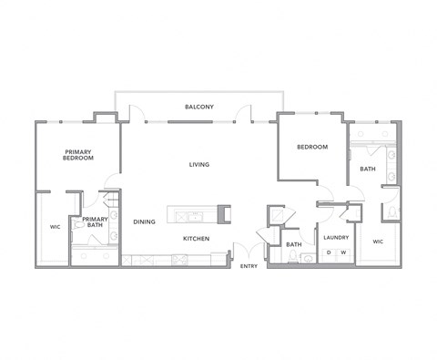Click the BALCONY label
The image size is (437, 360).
pyautogui.click(x=199, y=108)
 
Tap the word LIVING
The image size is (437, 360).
pyautogui.click(x=199, y=165)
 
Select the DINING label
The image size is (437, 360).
pyautogui.click(x=144, y=221)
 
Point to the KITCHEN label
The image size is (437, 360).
pyautogui.click(x=196, y=239)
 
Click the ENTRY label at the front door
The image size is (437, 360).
pyautogui.click(x=248, y=266)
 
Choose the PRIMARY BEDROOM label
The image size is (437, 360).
pyautogui.click(x=78, y=154)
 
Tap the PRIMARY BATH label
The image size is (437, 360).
pyautogui.click(x=95, y=222)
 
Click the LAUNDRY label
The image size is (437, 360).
pyautogui.click(x=337, y=238)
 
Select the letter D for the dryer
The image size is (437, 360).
pyautogui.click(x=330, y=252)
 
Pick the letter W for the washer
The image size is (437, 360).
pyautogui.click(x=343, y=252)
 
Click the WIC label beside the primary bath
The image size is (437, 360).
pyautogui.click(x=53, y=227)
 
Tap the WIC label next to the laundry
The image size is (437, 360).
pyautogui.click(x=378, y=242)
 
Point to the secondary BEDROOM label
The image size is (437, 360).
pyautogui.click(x=312, y=147)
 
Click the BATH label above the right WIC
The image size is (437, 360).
pyautogui.click(x=368, y=169)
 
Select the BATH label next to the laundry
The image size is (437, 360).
pyautogui.click(x=294, y=244)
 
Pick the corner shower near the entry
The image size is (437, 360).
pyautogui.click(x=276, y=215)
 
